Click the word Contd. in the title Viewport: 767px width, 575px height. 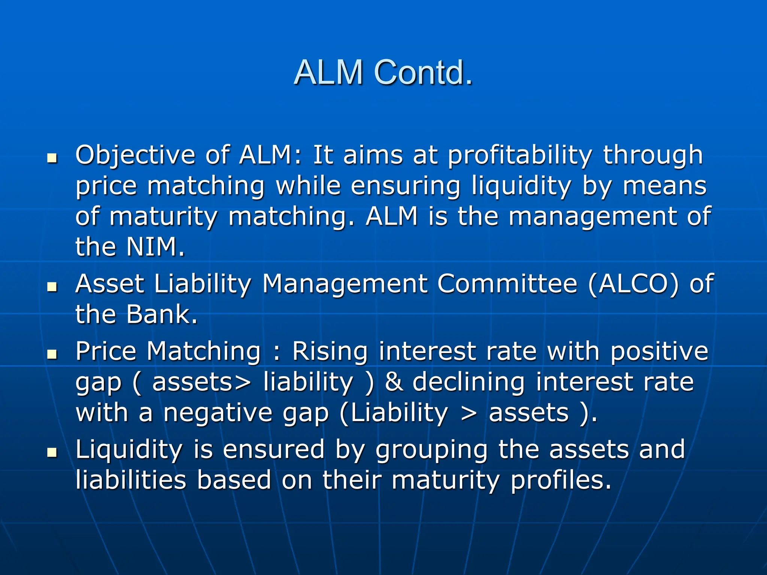423,72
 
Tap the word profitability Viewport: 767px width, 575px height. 520,155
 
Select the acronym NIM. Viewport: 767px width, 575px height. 156,247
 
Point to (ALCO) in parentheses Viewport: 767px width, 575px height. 633,284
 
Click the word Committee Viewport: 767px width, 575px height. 507,284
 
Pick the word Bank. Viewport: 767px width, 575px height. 161,314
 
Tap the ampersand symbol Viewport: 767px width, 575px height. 394,382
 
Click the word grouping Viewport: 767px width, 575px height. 431,450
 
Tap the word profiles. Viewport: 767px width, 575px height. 561,480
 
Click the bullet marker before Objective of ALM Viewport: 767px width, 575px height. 52,159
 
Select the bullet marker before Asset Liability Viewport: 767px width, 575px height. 52,287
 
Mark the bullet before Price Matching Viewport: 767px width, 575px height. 52,355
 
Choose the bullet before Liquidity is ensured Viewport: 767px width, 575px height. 52,453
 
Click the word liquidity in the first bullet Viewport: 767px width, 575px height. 521,186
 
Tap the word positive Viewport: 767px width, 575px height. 659,352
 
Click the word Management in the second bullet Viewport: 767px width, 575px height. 345,284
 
